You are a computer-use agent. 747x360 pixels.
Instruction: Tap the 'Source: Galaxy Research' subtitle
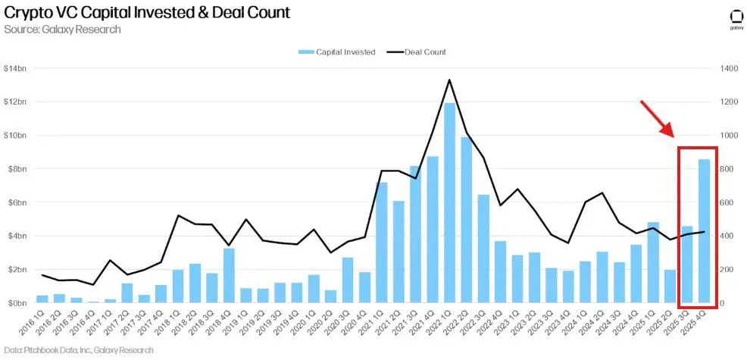click(62, 30)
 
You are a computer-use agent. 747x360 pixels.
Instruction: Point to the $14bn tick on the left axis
click(16, 69)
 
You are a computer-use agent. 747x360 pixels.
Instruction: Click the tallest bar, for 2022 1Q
click(449, 202)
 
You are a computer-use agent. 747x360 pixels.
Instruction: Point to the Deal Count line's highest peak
click(449, 80)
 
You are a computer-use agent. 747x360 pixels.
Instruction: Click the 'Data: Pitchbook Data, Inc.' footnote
click(77, 350)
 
